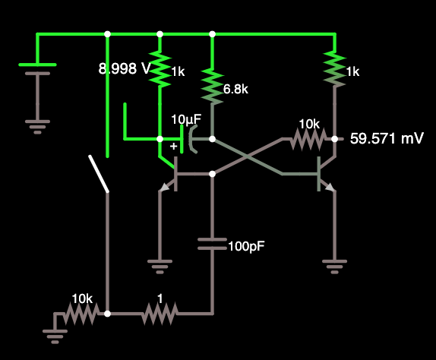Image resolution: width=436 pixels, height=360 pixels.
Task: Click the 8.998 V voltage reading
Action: (125, 68)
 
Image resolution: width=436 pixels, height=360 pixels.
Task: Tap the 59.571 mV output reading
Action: (387, 138)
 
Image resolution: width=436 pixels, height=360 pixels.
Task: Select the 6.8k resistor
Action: (213, 87)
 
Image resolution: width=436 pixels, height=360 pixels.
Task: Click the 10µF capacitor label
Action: (186, 119)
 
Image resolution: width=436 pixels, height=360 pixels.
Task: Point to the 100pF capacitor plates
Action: (213, 244)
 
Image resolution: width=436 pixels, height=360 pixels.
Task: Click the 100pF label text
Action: (246, 246)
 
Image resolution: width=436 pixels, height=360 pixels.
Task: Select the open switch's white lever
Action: (99, 174)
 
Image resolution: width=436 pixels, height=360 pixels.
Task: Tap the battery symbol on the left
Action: (37, 69)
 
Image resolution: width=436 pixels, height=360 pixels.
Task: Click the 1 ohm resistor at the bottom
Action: (160, 314)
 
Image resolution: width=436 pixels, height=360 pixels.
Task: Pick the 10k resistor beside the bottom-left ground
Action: (81, 314)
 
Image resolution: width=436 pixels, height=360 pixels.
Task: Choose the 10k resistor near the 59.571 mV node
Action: (308, 138)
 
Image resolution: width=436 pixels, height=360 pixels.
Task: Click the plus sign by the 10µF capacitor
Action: (173, 147)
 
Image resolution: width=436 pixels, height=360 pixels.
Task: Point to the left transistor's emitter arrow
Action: (165, 188)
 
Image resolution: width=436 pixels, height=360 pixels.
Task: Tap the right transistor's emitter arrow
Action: (330, 188)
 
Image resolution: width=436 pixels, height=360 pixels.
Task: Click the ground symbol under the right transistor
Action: (334, 267)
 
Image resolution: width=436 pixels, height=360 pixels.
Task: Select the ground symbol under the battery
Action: (37, 127)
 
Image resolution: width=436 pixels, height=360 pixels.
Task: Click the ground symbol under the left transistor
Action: (160, 267)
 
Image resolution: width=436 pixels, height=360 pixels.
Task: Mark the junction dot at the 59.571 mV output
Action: (335, 139)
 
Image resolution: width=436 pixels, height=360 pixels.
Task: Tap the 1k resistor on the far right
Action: (335, 68)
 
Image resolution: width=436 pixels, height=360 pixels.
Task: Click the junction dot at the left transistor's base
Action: (213, 174)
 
